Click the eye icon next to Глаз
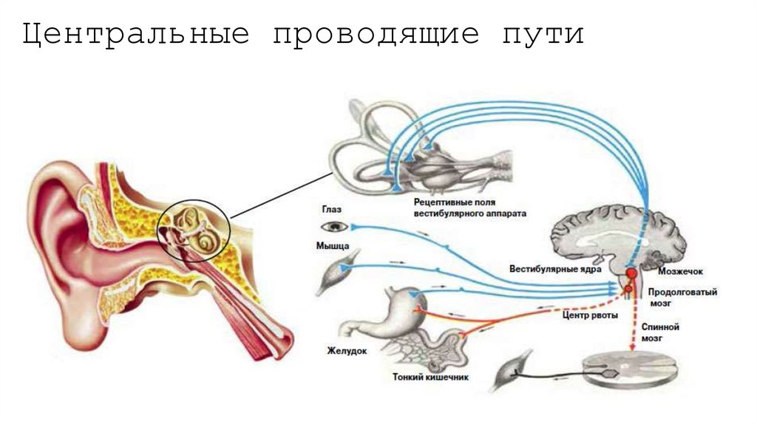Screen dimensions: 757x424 pyautogui.click(x=330, y=226)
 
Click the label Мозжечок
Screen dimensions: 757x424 pyautogui.click(x=669, y=273)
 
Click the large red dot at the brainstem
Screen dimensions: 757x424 pyautogui.click(x=631, y=273)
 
